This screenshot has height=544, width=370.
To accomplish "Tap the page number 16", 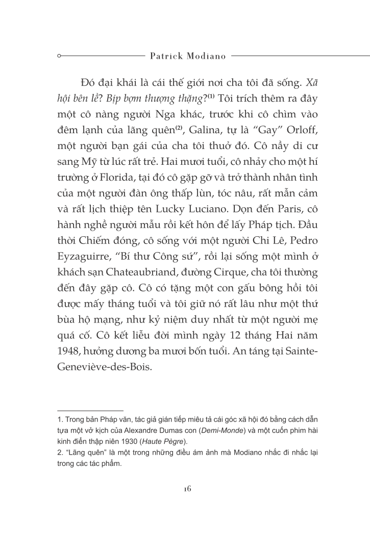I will [186, 488].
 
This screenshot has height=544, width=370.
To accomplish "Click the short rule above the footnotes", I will [90, 410].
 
